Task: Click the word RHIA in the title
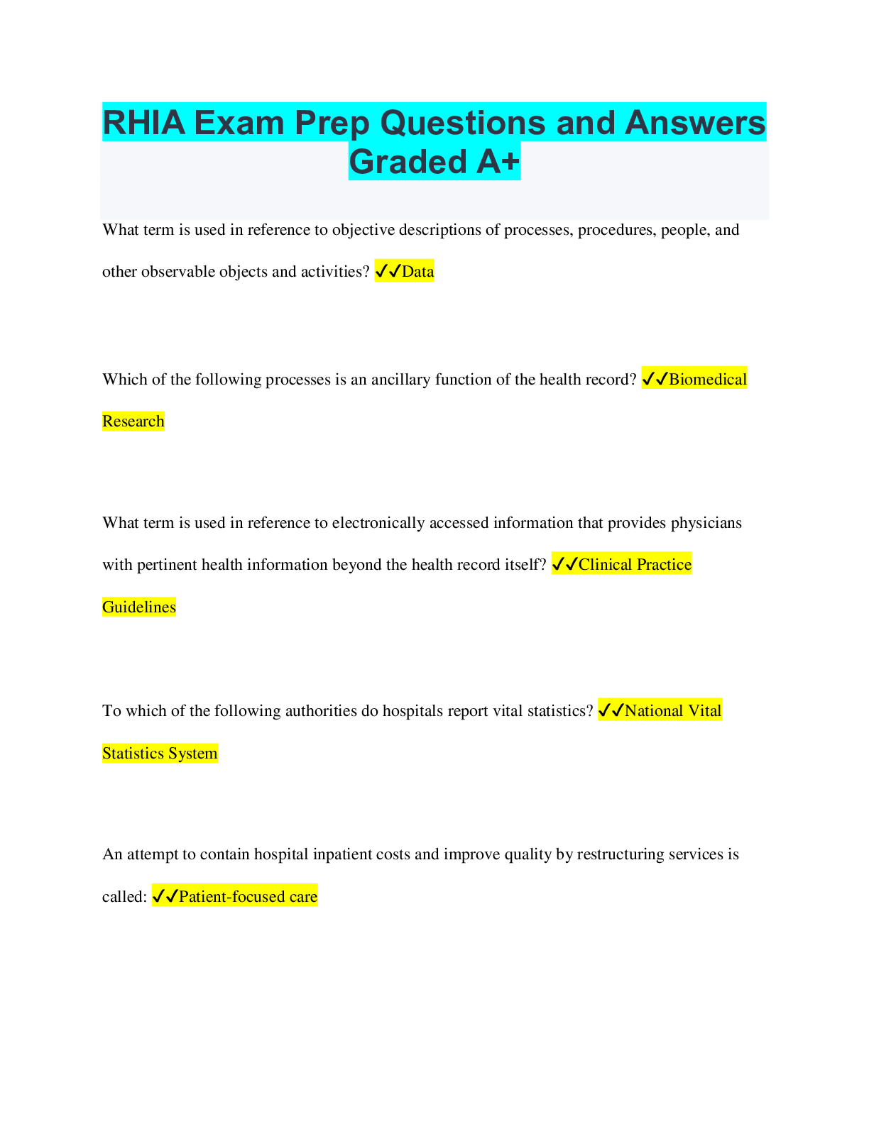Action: coord(144,123)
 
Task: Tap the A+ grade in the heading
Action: coord(498,162)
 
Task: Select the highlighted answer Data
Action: coord(417,271)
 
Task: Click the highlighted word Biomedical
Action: coord(708,379)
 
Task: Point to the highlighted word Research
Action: coord(133,421)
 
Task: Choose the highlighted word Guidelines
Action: coord(138,607)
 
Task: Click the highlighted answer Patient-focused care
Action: coord(248,896)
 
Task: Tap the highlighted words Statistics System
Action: coord(160,753)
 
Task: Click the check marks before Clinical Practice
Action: coord(564,564)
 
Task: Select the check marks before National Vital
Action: coord(611,711)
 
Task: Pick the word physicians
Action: coord(706,523)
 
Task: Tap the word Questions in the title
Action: coord(463,123)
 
